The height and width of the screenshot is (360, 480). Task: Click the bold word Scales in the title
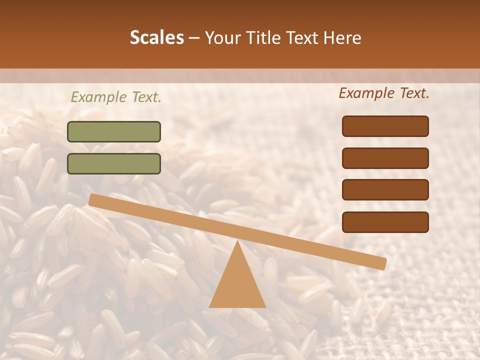[156, 37]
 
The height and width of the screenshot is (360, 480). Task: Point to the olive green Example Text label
[116, 97]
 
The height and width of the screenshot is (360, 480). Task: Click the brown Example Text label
[384, 93]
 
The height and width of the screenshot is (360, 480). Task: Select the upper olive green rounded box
[114, 131]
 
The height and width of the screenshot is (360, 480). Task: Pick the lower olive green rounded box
[114, 163]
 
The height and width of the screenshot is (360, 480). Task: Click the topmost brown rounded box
[385, 126]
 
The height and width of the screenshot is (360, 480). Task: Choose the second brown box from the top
[385, 158]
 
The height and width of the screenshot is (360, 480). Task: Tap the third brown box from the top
[385, 190]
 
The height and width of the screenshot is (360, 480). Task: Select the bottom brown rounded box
[385, 222]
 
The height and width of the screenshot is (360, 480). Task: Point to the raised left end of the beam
[93, 199]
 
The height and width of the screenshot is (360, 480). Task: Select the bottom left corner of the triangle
[210, 306]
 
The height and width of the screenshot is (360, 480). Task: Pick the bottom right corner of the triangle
[265, 306]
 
